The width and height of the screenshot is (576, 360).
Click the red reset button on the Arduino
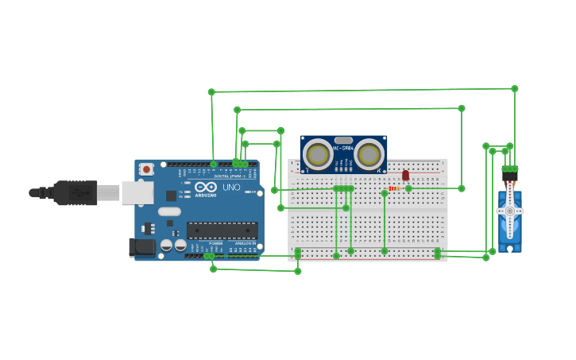point(146,168)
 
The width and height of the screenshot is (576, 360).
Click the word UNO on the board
point(231,188)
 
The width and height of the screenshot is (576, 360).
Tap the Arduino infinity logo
point(206,187)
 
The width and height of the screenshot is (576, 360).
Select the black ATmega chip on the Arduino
point(222,230)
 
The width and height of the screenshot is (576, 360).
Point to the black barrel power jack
point(142,247)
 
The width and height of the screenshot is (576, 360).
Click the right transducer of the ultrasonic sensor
point(369,154)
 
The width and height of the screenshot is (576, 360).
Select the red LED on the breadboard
point(405,175)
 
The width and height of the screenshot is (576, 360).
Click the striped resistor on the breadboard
point(394,189)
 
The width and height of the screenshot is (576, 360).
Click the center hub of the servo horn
point(509,211)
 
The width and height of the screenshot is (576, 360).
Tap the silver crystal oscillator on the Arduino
point(169,211)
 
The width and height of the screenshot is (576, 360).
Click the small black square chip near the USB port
point(171,195)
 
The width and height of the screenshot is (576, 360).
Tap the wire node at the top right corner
point(514,89)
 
